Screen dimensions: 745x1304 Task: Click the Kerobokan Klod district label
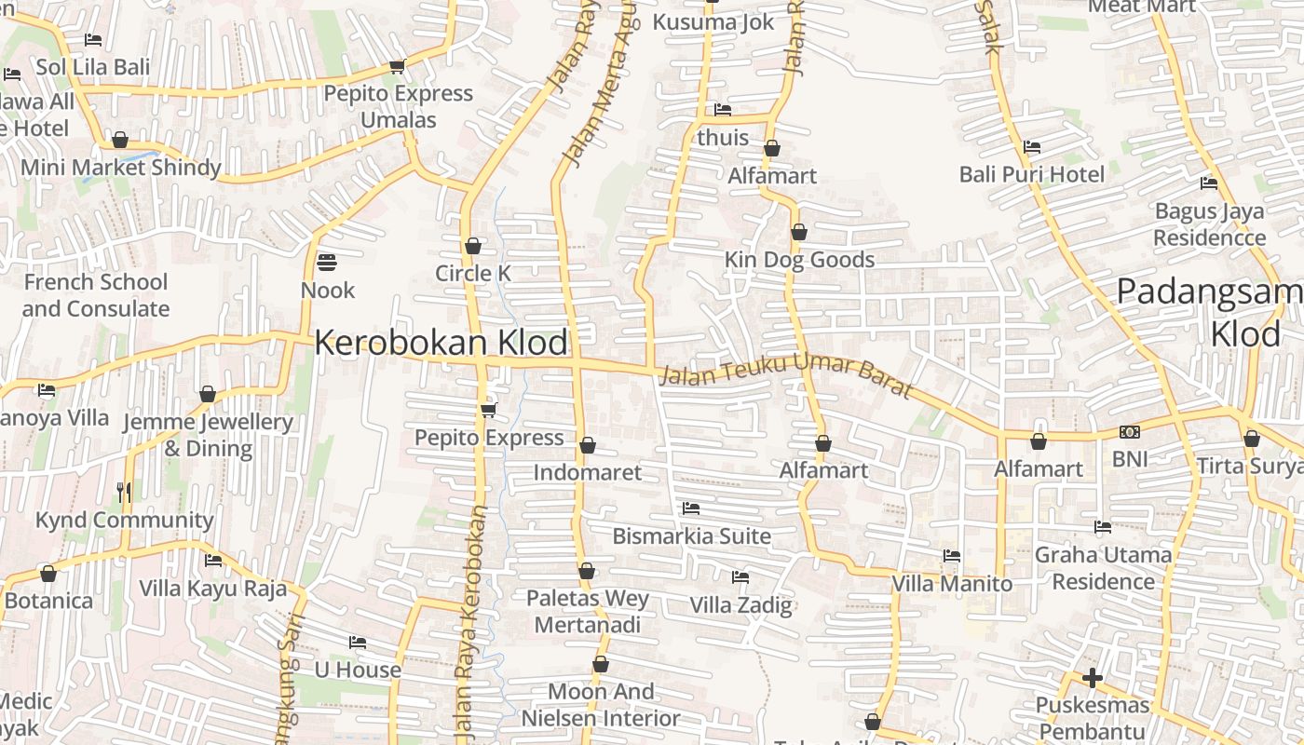click(x=441, y=343)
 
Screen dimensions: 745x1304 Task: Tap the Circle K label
click(x=473, y=273)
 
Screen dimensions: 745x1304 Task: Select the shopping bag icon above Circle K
click(x=473, y=246)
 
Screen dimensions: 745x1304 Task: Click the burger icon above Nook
click(x=327, y=263)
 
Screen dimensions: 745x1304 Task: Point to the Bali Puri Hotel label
click(x=1032, y=174)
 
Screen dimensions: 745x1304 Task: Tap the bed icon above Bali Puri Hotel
click(x=1032, y=147)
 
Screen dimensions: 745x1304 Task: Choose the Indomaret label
click(x=587, y=472)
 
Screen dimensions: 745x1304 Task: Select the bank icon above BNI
click(x=1130, y=432)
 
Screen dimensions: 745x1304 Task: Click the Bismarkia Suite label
click(x=691, y=536)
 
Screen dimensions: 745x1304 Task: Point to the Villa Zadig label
click(x=740, y=605)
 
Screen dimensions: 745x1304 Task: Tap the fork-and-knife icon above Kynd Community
click(x=124, y=492)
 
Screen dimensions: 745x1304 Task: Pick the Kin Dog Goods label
click(x=799, y=260)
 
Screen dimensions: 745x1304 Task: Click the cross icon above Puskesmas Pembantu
click(x=1093, y=678)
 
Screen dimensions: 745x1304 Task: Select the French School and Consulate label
click(x=96, y=295)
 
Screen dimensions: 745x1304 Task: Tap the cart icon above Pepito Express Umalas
click(x=398, y=66)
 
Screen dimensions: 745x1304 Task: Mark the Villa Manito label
click(x=952, y=584)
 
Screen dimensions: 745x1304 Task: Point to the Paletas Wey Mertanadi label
click(x=587, y=611)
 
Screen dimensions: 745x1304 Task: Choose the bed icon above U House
click(x=358, y=643)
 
